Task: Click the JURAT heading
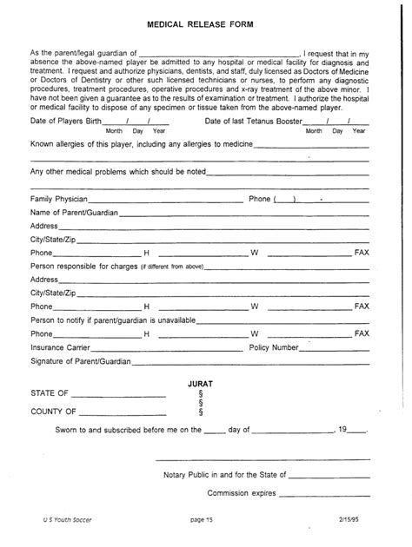coord(201,382)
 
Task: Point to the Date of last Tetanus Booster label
coord(258,120)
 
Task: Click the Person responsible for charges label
coord(84,267)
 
